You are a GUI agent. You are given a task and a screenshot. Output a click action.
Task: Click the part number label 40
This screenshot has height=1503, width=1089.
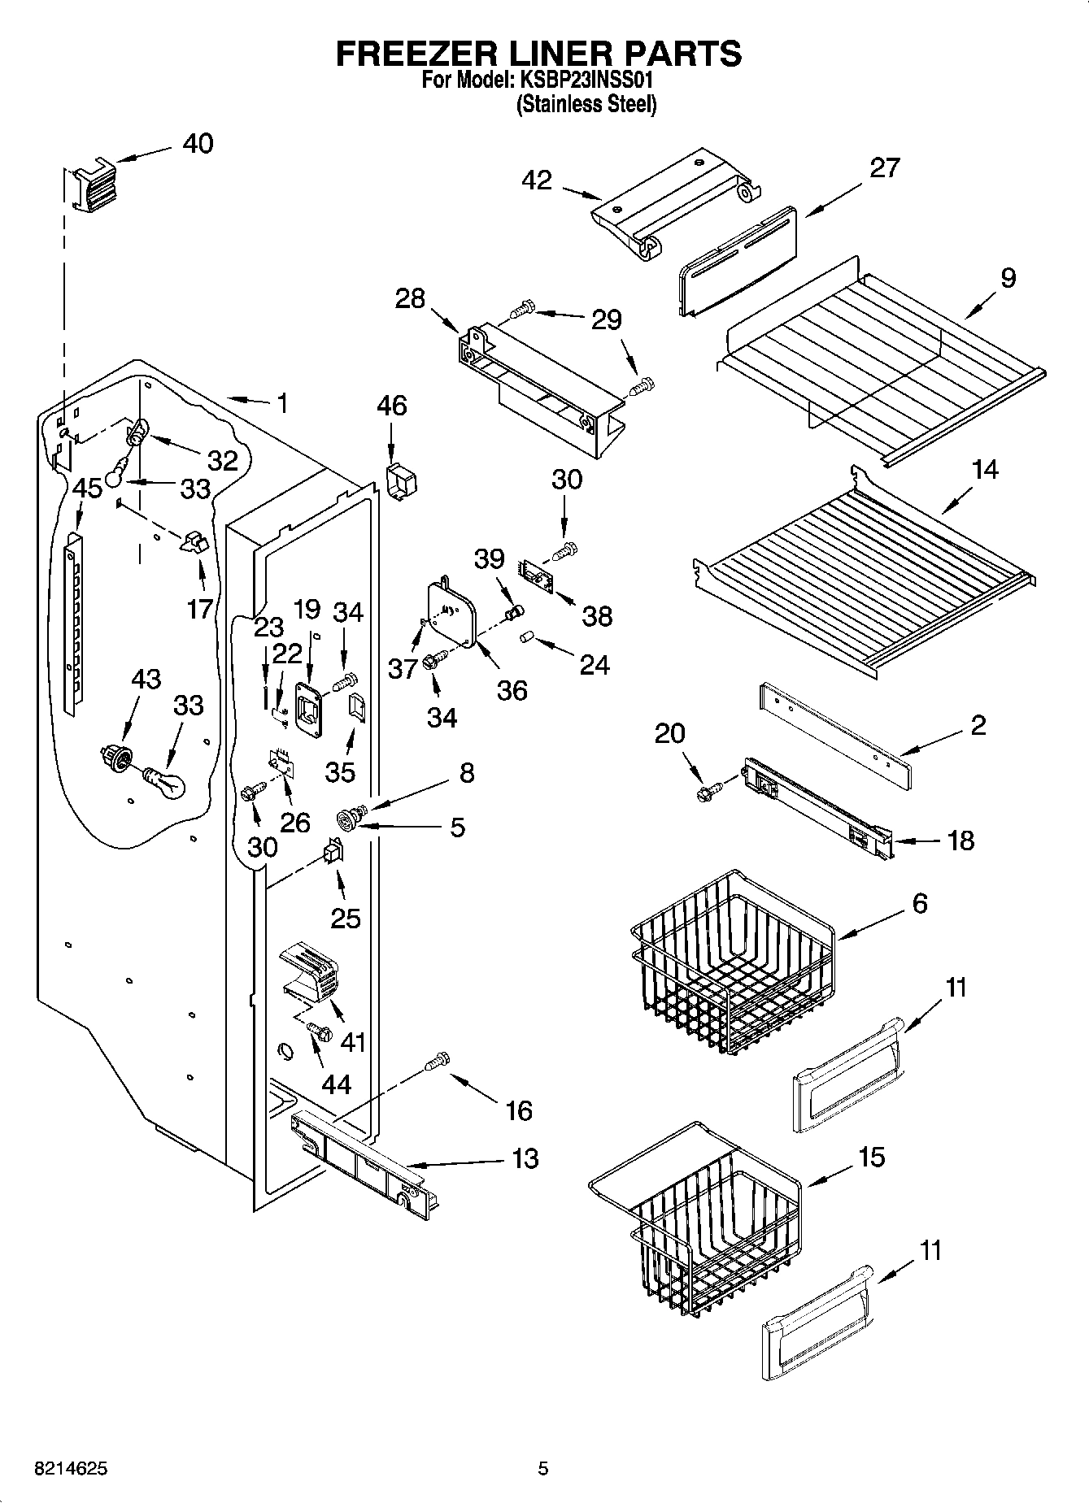(x=198, y=144)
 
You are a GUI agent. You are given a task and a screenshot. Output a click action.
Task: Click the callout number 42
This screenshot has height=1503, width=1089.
(x=538, y=180)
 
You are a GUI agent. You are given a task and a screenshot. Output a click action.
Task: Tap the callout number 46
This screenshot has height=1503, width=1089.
(x=392, y=406)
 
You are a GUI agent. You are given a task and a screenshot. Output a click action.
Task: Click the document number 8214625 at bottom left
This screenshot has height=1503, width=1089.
(x=71, y=1468)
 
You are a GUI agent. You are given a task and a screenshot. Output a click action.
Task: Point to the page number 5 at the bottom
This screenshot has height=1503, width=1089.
(x=543, y=1468)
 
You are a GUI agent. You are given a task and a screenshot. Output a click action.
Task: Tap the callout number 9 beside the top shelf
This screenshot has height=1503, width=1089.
(x=1007, y=278)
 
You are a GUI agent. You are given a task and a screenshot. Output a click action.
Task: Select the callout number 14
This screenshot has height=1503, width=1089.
(x=984, y=470)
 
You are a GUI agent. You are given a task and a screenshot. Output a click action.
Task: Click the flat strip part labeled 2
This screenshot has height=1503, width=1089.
(x=835, y=736)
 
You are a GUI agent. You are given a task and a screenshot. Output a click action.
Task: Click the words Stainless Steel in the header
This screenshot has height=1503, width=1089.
(x=586, y=104)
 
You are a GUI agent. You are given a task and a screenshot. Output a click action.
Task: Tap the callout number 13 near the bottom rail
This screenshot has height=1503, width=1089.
(x=526, y=1158)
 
